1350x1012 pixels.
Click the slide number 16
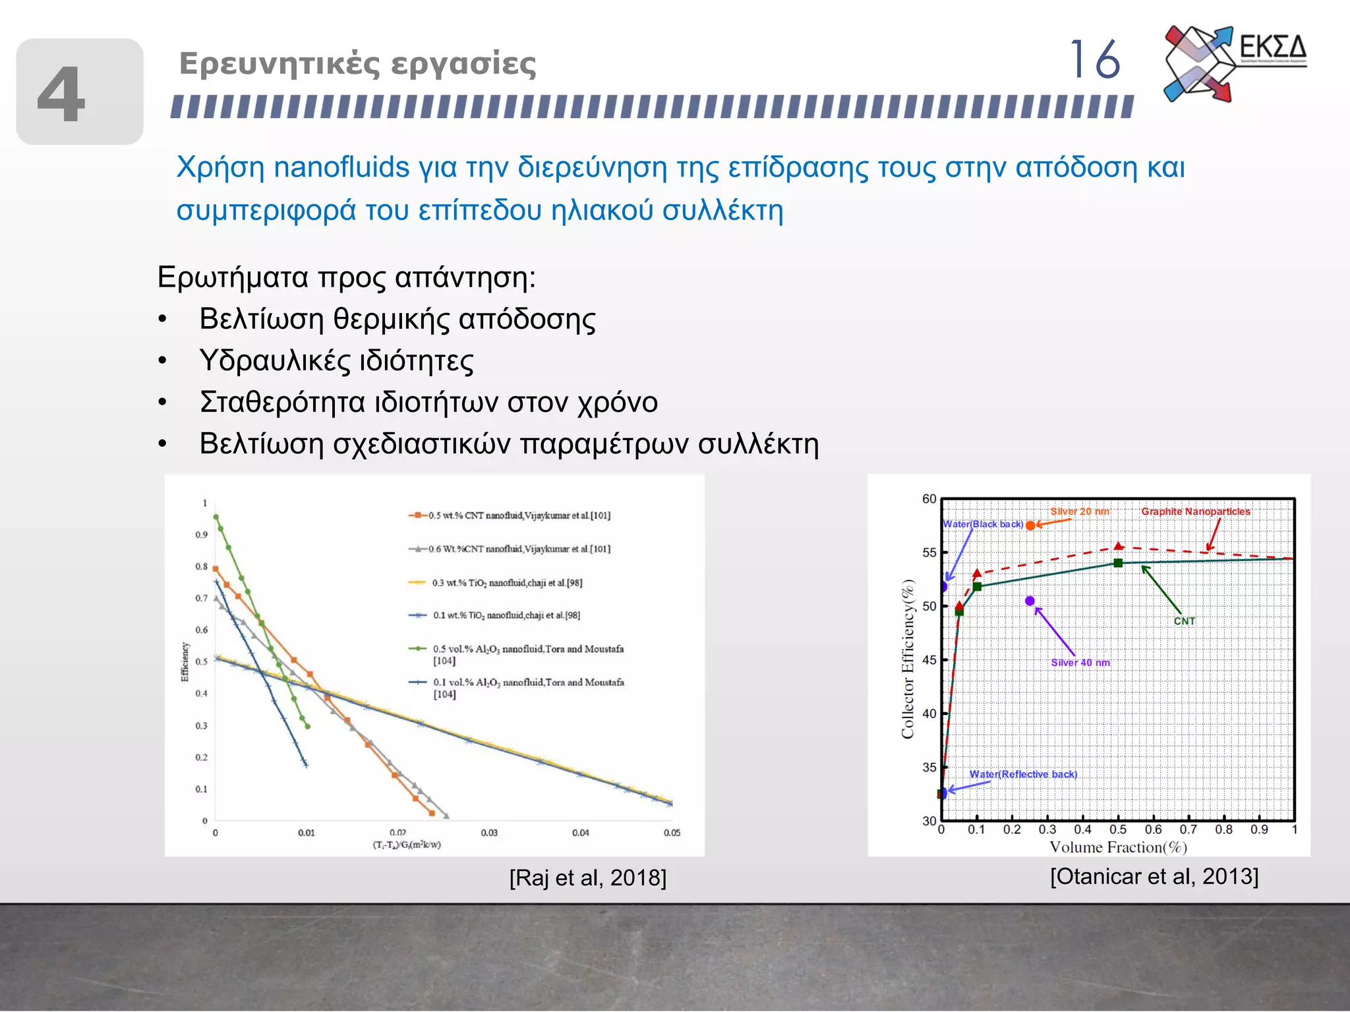[1094, 60]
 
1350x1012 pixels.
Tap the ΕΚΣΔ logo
[1235, 63]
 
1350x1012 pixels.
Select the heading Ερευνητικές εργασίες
[357, 64]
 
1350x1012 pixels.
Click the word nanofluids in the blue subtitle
[341, 167]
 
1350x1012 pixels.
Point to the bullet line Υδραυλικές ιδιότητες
[336, 360]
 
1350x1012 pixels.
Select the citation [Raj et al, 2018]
[587, 878]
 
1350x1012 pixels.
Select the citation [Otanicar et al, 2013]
[1154, 876]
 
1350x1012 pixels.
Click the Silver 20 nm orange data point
[1030, 525]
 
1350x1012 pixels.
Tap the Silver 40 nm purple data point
[1030, 601]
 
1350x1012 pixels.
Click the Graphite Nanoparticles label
[1195, 511]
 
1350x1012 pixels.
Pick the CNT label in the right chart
[1184, 621]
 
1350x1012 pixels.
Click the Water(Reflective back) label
[1022, 774]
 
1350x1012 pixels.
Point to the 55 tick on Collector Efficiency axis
[929, 553]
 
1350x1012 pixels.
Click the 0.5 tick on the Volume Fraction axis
[1117, 829]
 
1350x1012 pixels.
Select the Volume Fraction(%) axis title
[1118, 847]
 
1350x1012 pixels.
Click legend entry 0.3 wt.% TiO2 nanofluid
[506, 583]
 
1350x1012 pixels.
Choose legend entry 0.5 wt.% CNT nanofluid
[519, 515]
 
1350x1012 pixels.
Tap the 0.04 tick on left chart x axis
[580, 833]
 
